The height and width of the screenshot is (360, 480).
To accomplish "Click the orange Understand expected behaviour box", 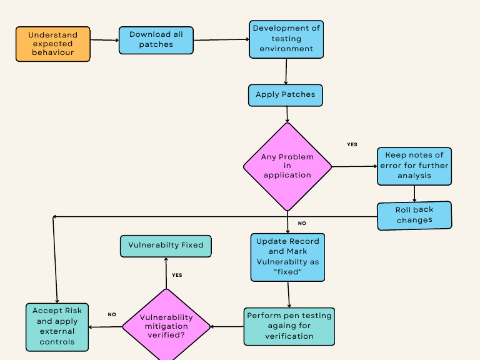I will point(53,44).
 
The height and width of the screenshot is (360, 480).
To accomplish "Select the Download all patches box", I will point(156,40).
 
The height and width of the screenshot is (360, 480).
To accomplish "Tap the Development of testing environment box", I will point(286,39).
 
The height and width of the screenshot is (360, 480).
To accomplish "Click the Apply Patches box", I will point(286,95).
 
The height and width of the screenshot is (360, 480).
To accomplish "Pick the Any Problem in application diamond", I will point(287,166).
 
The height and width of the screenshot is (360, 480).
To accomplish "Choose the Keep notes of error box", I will point(414,166).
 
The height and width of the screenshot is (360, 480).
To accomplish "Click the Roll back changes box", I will point(414,215).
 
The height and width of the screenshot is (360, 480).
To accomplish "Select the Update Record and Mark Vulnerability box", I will point(287,257).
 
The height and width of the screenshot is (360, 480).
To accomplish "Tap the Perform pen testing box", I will point(289,326).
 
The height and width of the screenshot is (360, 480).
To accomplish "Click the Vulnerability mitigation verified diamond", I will point(166,326).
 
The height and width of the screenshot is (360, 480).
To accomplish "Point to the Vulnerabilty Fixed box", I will point(166,246).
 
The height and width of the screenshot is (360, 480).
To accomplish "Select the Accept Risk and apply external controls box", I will point(57,327).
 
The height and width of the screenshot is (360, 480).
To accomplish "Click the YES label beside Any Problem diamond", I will point(352,144).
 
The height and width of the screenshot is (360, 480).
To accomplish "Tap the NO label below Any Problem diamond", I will point(302,223).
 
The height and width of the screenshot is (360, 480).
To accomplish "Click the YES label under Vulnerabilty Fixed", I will point(177,275).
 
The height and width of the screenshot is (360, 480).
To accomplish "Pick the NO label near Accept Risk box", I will point(112,314).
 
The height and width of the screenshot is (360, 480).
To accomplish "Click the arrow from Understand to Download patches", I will point(104,41).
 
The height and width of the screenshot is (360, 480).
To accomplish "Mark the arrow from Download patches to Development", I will point(221,39).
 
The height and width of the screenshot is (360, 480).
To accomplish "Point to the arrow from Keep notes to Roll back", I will point(414,194).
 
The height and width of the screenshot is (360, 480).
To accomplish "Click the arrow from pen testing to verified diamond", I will point(227,326).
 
